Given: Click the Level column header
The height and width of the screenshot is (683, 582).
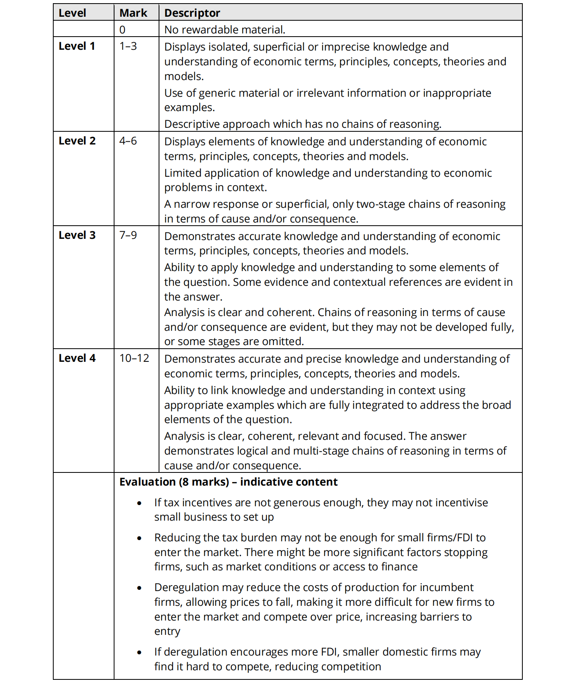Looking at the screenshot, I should point(72,13).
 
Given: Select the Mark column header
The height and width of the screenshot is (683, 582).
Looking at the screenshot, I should point(133,13).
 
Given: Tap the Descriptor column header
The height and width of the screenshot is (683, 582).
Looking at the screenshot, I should point(192,13).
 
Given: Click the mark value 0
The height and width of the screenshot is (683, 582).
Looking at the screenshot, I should point(122,30).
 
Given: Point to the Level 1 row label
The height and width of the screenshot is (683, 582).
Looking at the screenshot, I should point(77,46).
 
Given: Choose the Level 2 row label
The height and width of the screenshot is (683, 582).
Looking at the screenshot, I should point(77,141).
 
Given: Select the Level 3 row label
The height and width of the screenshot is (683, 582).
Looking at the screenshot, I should point(77,235).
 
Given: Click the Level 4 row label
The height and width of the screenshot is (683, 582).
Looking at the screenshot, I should point(77,358).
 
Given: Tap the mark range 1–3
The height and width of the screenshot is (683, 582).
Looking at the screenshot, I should point(128,46).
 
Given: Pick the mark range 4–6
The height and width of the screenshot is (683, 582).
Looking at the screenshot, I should point(128,141).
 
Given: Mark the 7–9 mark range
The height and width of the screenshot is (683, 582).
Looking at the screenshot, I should point(128,235).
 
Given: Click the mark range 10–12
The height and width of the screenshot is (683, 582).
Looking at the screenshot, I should point(134,358).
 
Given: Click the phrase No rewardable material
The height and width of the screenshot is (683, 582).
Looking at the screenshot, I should point(225,30).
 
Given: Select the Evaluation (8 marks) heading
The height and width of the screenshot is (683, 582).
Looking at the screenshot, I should point(228,482).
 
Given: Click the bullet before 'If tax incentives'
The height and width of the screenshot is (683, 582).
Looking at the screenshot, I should point(139,503).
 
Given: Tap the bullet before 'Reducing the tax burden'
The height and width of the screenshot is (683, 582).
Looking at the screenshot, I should point(139,539).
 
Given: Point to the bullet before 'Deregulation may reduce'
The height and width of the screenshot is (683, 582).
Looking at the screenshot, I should point(139,588).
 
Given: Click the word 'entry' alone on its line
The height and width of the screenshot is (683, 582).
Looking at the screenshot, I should point(167,631).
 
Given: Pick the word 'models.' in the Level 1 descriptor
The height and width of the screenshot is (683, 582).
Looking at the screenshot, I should point(184,76).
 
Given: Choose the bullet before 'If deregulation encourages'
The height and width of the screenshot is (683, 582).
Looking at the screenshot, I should point(139,653).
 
